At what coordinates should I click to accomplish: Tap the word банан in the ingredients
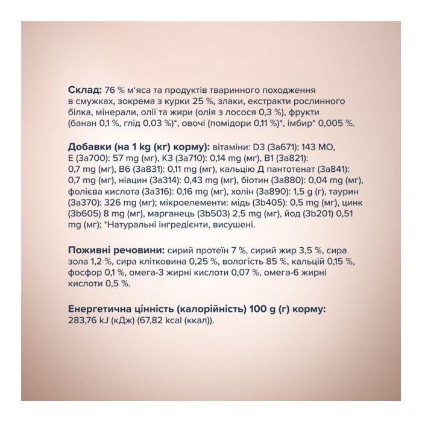(84, 122)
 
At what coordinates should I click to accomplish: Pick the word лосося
(253, 111)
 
